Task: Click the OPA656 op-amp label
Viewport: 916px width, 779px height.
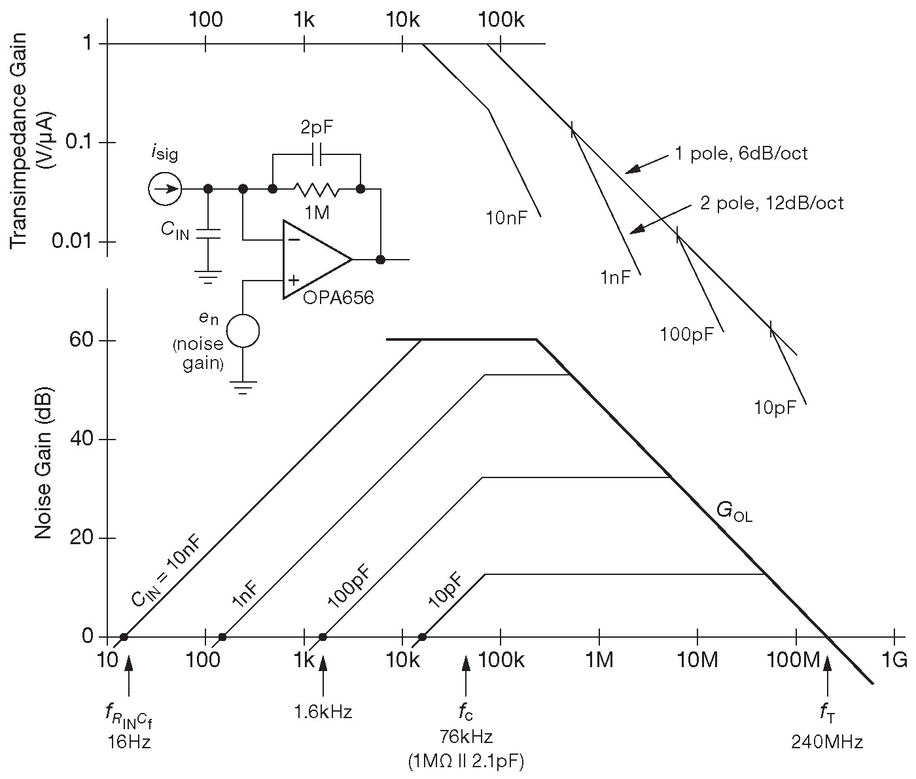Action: point(338,298)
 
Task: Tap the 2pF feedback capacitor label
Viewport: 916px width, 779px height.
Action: point(316,128)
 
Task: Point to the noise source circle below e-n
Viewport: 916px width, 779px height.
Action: point(243,331)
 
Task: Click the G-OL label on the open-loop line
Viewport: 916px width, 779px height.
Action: point(734,511)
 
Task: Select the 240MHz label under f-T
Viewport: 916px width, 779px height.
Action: point(827,742)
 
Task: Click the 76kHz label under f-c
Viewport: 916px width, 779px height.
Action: point(466,736)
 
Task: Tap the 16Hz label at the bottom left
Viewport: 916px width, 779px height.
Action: point(129,742)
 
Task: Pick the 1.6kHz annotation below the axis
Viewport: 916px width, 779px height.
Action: point(323,712)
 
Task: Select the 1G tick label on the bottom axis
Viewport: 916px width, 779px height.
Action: point(894,661)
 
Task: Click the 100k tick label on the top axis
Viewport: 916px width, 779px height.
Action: point(501,20)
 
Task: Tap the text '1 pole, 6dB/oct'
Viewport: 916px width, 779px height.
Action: point(741,154)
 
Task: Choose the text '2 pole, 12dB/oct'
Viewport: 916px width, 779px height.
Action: point(771,203)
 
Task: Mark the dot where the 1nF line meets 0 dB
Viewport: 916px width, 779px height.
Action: point(222,637)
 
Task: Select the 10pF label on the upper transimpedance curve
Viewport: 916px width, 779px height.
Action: point(775,407)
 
